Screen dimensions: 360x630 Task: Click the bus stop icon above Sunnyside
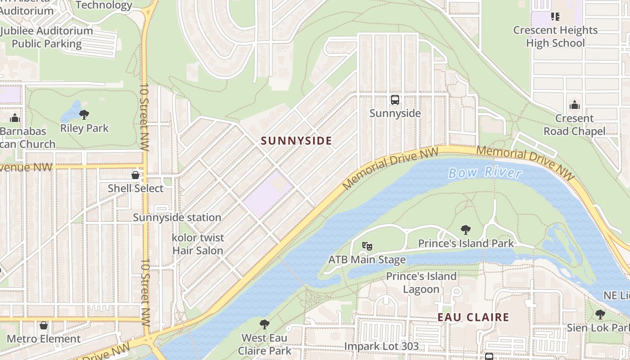[395, 100]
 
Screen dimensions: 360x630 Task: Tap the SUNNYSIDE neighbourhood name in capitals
[297, 141]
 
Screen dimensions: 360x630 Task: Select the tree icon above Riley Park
[84, 115]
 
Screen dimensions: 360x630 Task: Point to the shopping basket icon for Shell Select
[135, 175]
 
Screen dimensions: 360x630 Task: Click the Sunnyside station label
[177, 217]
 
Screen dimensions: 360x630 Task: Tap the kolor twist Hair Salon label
[198, 244]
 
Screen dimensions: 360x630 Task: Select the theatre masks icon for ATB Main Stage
[367, 246]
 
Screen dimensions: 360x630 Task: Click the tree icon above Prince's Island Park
[466, 230]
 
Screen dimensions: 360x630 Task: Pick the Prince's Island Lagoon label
[421, 283]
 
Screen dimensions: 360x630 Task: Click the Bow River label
[485, 172]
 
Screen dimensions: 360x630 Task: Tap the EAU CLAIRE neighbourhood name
[473, 317]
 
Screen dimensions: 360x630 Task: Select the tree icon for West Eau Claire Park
[265, 324]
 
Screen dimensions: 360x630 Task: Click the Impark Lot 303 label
[381, 346]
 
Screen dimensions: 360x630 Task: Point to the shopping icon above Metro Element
[44, 325]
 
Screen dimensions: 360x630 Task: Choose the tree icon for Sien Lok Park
[600, 314]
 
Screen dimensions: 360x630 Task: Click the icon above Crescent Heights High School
[555, 17]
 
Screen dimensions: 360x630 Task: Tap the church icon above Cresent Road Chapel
[574, 105]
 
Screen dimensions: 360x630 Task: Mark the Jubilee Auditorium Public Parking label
[46, 37]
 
